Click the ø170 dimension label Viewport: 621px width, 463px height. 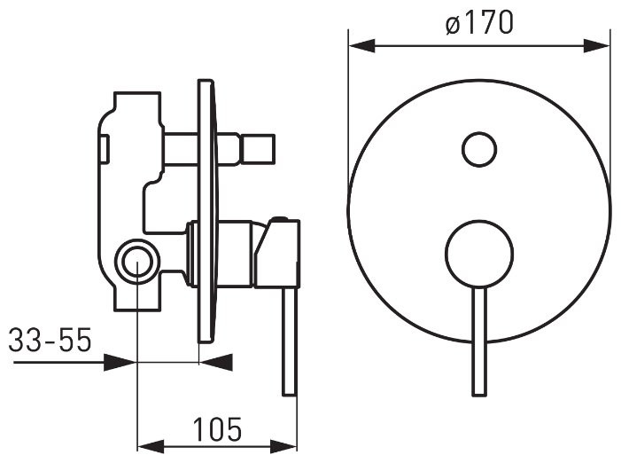479,23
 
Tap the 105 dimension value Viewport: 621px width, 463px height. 217,429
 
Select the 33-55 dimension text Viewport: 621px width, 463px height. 50,340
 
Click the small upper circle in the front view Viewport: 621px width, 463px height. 479,149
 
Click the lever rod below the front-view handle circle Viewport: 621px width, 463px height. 479,341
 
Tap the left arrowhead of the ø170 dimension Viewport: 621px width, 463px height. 361,45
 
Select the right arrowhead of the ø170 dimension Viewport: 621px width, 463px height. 597,45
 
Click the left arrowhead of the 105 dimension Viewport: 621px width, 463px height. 150,445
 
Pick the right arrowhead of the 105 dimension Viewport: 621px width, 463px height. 283,445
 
